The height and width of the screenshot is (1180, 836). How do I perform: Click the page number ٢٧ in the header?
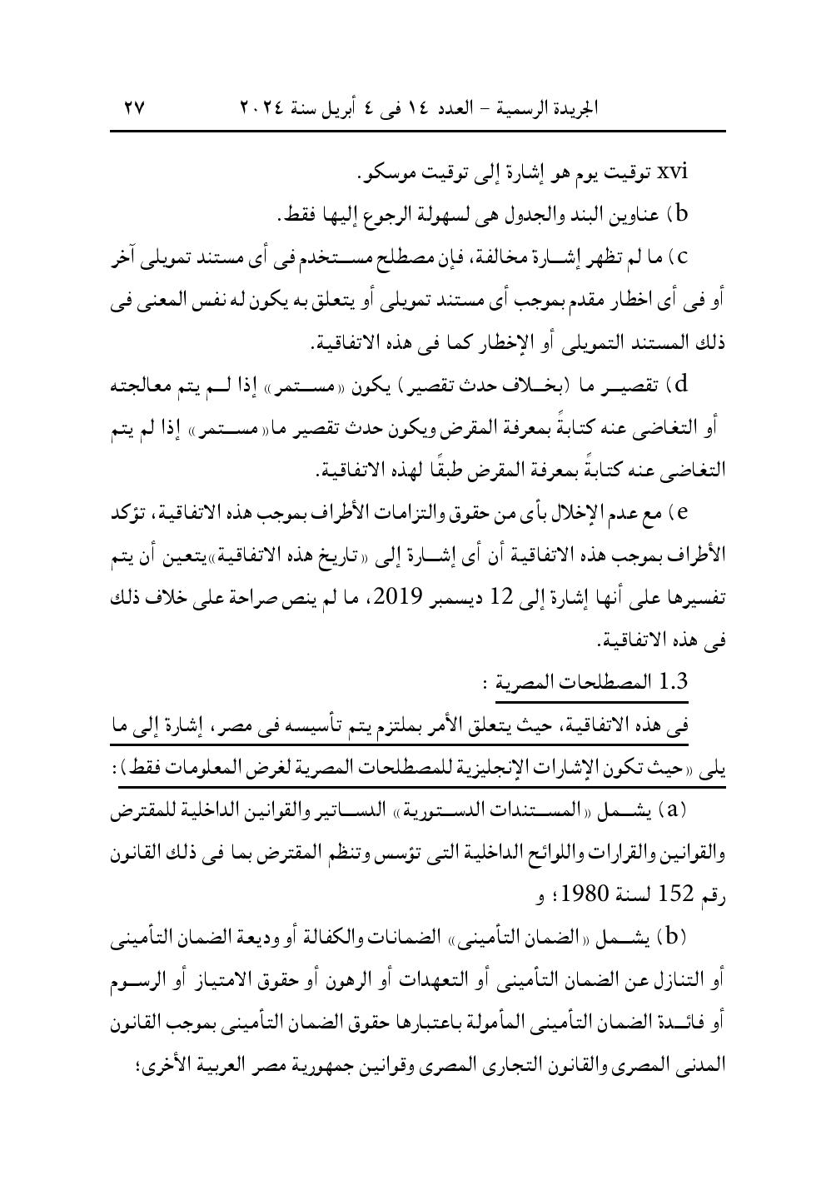click(134, 108)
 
